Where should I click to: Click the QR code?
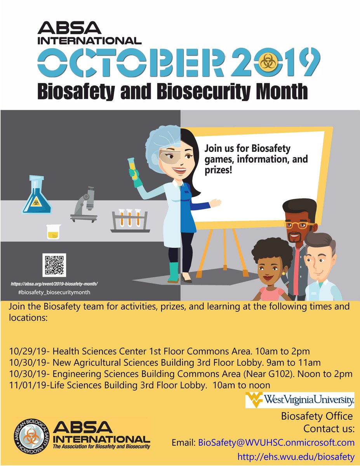tap(54, 265)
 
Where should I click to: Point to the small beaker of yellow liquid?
tap(52, 231)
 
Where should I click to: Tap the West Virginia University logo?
tap(300, 400)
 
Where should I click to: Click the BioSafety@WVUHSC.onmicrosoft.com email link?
tap(276, 442)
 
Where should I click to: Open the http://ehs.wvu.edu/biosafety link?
tap(296, 457)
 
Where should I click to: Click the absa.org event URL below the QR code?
tap(54, 284)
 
